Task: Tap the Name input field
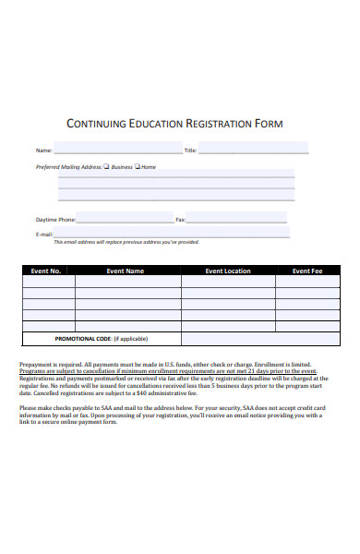point(117,149)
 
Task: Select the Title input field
point(253,149)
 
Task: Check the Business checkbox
point(108,167)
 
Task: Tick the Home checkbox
point(138,167)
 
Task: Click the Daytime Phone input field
point(125,220)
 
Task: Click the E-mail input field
point(171,234)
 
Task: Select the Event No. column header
point(46,271)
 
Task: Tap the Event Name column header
point(126,271)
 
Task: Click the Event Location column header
point(228,271)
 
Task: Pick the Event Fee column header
point(307,271)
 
